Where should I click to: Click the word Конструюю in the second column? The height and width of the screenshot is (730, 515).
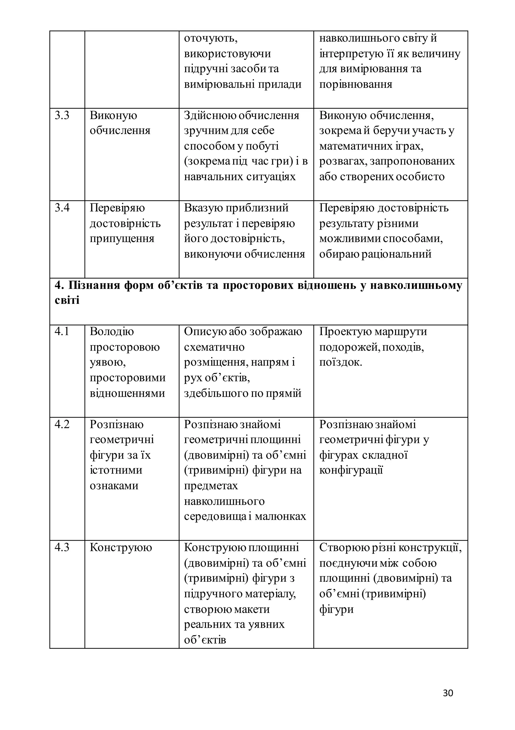(x=121, y=547)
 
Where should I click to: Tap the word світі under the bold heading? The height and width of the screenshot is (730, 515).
(x=67, y=300)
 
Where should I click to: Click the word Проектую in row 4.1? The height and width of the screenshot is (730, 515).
(x=345, y=331)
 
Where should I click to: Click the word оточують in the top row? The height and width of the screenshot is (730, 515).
(x=211, y=39)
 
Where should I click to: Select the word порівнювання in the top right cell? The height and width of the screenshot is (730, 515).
(x=356, y=85)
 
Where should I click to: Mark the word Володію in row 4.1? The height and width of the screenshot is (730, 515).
(x=112, y=331)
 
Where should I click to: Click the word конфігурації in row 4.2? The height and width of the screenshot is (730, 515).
(x=351, y=470)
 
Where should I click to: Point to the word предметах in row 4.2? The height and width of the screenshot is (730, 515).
(x=211, y=486)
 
